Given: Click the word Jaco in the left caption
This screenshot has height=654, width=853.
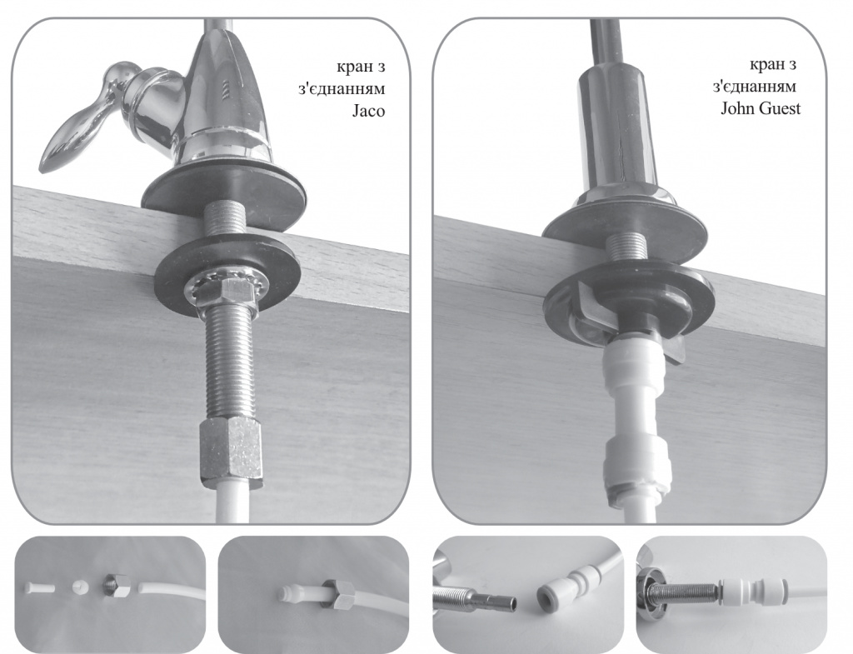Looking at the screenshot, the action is tap(368, 111).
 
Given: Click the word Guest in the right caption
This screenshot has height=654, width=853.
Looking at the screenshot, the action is tap(780, 108).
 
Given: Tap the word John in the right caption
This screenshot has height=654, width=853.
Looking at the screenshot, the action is tap(738, 108).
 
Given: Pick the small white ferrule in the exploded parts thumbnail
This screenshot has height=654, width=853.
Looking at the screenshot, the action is tap(79, 587).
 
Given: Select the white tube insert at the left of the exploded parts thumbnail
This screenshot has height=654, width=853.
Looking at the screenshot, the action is tap(39, 587).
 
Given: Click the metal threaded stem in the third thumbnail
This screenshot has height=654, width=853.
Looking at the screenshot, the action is tap(474, 597).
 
